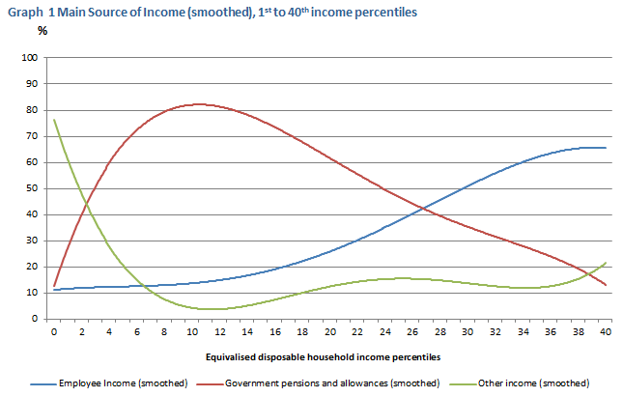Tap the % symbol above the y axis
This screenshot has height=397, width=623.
point(42,30)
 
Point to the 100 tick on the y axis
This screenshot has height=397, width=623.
point(29,58)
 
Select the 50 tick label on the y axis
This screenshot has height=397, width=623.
point(32,188)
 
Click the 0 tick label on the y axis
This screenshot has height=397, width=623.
point(35,319)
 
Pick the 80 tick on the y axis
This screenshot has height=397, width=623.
point(32,110)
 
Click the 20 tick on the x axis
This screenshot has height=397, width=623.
point(329,331)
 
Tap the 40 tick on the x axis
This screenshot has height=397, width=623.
point(605,331)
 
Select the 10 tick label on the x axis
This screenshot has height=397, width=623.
point(191,331)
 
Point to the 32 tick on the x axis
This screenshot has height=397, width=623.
point(495,331)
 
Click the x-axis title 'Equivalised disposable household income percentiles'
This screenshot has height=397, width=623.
point(329,357)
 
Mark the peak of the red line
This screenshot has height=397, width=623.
point(197,104)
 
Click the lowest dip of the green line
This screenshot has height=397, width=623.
point(211,309)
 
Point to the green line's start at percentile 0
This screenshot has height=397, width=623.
point(54,120)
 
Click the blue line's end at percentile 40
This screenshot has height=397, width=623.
point(605,148)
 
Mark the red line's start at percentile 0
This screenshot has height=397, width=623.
point(54,287)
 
